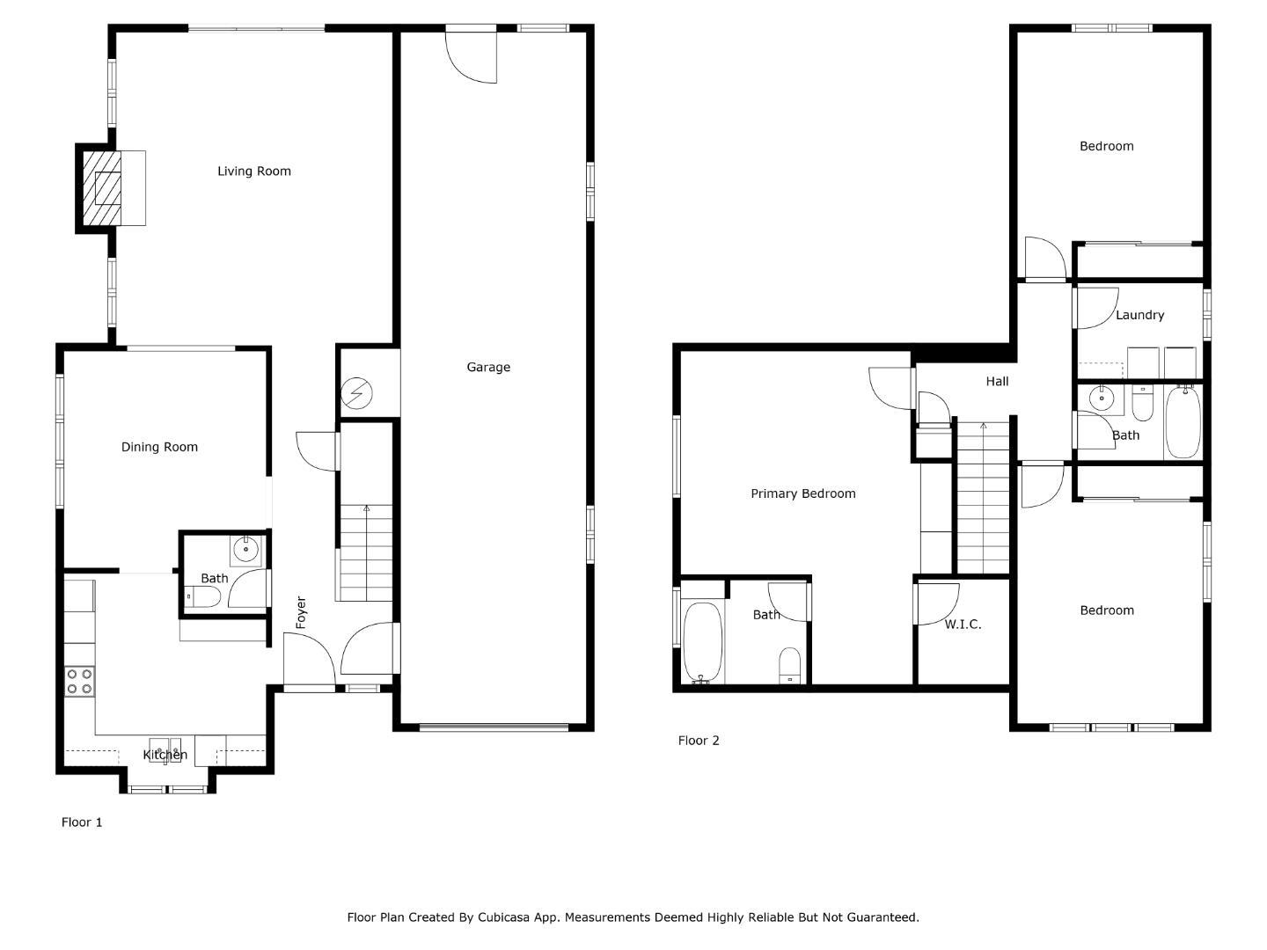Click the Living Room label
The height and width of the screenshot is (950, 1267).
tap(254, 172)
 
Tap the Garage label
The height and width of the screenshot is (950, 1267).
tap(488, 368)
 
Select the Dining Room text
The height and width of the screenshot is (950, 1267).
tap(159, 447)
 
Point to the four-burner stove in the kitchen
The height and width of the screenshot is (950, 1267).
tap(80, 681)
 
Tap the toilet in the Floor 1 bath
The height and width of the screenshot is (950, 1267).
tap(203, 598)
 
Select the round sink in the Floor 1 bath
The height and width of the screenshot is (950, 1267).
tap(245, 551)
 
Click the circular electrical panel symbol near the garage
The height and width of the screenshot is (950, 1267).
tap(359, 392)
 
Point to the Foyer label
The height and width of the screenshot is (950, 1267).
tap(301, 612)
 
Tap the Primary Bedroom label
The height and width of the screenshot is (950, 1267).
tap(802, 493)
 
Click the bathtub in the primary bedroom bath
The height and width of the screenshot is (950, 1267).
tap(702, 642)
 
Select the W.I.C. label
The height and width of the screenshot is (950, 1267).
tap(963, 625)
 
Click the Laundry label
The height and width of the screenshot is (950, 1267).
tap(1139, 315)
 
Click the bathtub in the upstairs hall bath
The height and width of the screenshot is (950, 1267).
tap(1183, 421)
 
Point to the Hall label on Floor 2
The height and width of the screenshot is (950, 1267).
tap(997, 382)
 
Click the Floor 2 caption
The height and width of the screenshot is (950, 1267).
tap(699, 741)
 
